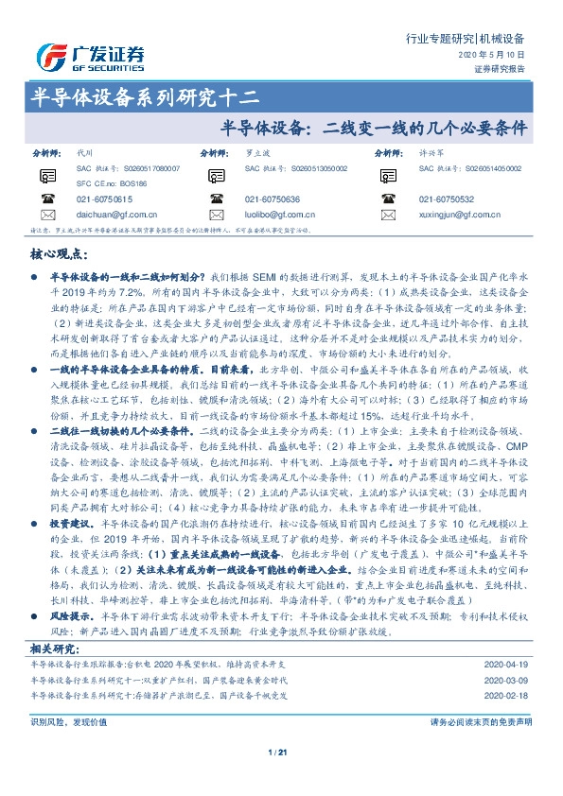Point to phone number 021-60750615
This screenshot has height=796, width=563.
point(104,199)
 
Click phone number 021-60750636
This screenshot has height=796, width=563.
point(272,199)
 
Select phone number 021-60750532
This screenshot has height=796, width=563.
point(446,199)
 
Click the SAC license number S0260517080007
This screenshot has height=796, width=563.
point(140,167)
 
